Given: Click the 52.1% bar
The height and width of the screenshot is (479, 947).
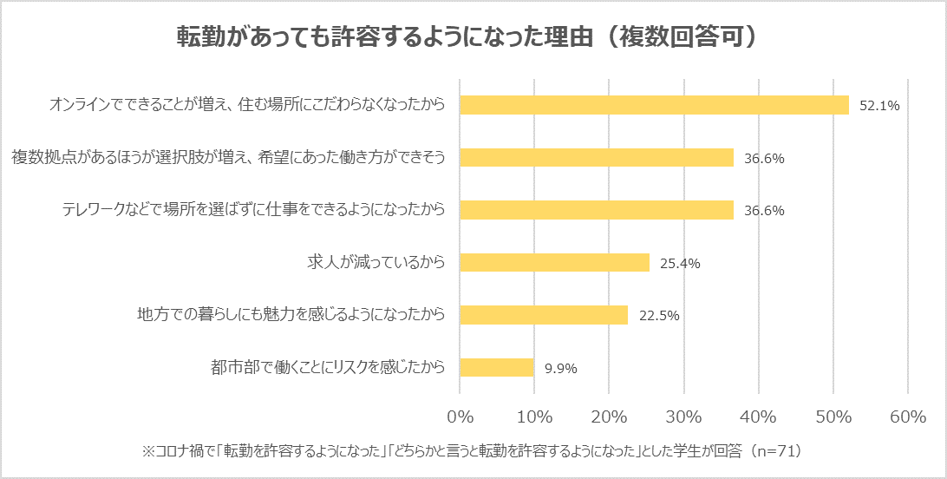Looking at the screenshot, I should click(654, 105).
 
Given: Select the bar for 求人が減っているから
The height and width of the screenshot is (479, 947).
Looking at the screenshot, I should click(554, 262).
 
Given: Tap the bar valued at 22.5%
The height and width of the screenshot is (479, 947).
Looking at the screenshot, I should click(544, 314).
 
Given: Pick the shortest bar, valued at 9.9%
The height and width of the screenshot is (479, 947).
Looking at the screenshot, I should click(497, 367).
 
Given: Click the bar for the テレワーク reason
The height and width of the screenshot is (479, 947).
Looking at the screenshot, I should click(597, 210).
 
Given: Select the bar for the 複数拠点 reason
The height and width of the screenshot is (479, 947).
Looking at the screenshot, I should click(597, 157).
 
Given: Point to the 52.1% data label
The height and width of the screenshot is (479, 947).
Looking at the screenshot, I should click(879, 106).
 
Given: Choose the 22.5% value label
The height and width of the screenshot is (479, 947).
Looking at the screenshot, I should click(658, 315).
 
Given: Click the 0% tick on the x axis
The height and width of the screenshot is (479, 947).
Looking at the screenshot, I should click(460, 417).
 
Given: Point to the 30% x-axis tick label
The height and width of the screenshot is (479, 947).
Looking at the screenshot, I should click(684, 417).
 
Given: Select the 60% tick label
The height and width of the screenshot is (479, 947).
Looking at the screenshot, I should click(908, 417).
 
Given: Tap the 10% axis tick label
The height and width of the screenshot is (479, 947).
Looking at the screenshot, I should click(534, 417).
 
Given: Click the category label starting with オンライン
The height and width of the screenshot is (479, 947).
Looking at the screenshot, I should click(247, 105).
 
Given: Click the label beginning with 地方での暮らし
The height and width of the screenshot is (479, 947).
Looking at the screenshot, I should click(291, 314).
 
